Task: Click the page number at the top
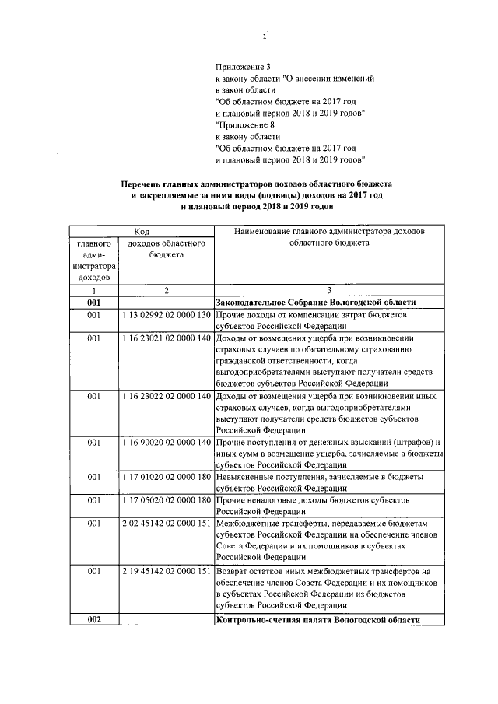pos(265,36)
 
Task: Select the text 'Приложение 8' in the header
pos(242,124)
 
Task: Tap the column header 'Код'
pos(142,231)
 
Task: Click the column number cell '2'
pos(166,289)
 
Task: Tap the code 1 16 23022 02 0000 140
pos(166,397)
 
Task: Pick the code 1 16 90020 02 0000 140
pos(166,443)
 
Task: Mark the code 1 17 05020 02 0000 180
pos(166,499)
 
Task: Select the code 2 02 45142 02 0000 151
pos(166,524)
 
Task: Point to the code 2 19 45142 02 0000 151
pos(166,570)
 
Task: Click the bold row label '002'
pos(94,620)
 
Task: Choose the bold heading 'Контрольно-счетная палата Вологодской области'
pos(317,620)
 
